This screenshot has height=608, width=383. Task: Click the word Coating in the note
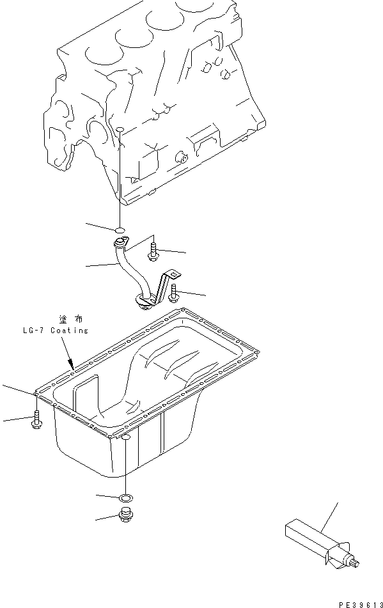click(70, 331)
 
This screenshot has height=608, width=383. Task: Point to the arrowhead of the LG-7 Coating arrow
click(72, 367)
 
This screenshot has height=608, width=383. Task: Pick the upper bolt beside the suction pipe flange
click(153, 251)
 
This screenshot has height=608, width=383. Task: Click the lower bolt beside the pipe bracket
click(175, 293)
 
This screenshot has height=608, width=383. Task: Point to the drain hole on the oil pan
click(127, 437)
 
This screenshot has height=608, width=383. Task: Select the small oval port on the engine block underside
click(120, 132)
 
